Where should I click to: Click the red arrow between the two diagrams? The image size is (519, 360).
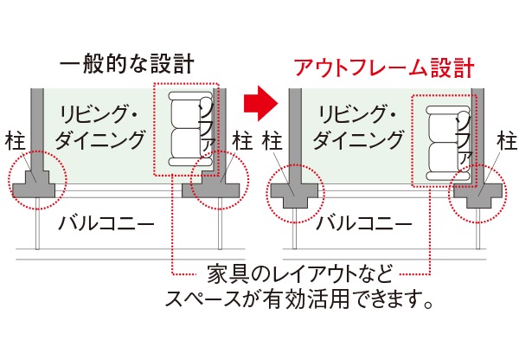pos(260,104)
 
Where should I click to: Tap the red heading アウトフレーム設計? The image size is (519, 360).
pos(384,67)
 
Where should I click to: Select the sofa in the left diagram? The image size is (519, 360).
pos(191,129)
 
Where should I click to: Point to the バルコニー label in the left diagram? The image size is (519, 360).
pos(106,223)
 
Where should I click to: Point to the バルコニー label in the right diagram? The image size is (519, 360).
pos(363,223)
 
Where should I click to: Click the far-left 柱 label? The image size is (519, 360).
pos(16,140)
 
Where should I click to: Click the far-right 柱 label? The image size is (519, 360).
pos(508,140)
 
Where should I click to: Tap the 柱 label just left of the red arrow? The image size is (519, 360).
pos(242,140)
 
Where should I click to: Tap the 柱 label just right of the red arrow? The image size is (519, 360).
pos(272,140)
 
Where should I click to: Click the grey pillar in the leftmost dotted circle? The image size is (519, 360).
pos(34,185)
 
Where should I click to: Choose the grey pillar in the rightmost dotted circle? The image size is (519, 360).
pos(478,196)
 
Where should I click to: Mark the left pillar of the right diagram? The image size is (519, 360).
pos(295,196)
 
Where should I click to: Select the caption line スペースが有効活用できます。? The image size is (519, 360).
pos(299,299)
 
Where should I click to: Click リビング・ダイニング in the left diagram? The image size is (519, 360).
pos(99,126)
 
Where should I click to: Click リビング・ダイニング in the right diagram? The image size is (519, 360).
pos(358,126)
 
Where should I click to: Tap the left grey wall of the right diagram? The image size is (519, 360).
pos(295,136)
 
